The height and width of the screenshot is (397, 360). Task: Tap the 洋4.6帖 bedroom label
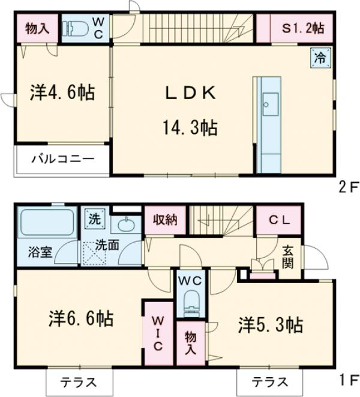click(x=62, y=92)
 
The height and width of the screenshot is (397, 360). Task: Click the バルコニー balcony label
click(x=62, y=160)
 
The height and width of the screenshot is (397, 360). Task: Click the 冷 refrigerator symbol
click(x=320, y=59)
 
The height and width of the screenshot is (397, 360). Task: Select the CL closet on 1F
click(x=279, y=219)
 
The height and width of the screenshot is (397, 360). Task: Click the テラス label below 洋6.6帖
click(x=79, y=381)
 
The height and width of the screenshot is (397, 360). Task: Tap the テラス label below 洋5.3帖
click(x=269, y=381)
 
